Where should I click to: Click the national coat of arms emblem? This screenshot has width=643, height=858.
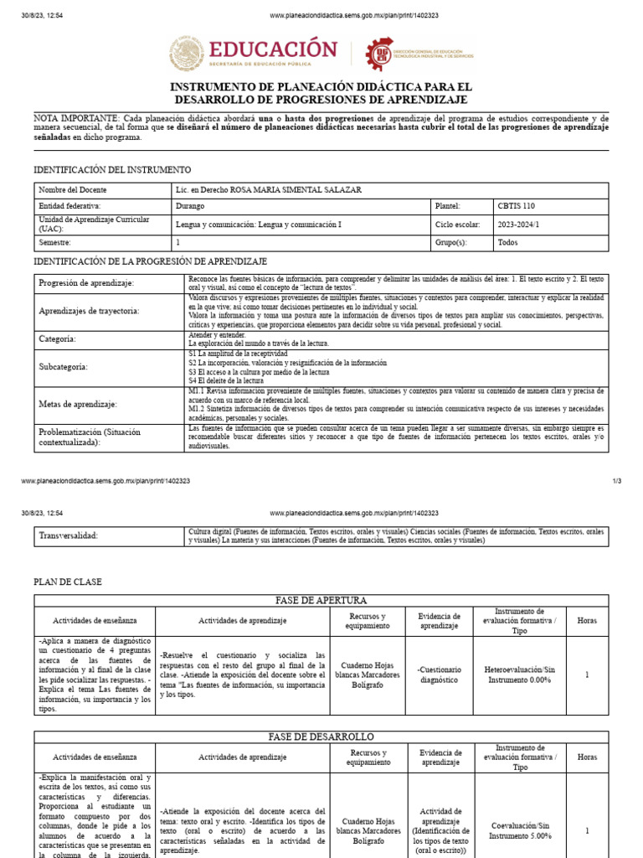click(x=186, y=53)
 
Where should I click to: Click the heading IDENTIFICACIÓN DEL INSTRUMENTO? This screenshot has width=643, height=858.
click(x=112, y=170)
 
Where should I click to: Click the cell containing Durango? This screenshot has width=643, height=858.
click(x=190, y=205)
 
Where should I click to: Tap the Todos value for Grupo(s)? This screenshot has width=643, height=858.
click(x=507, y=242)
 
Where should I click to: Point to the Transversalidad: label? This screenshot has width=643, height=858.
click(x=69, y=535)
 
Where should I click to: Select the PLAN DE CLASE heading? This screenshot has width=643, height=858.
click(x=67, y=581)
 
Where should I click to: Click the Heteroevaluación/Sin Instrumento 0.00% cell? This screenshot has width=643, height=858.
click(x=519, y=675)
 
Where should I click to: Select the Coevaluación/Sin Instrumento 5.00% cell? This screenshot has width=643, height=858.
click(x=519, y=830)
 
